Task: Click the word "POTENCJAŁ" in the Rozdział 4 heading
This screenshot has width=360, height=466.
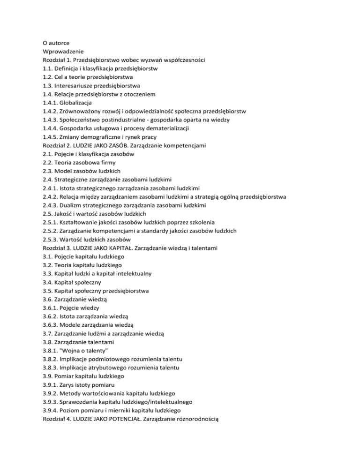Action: pos(141,417)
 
